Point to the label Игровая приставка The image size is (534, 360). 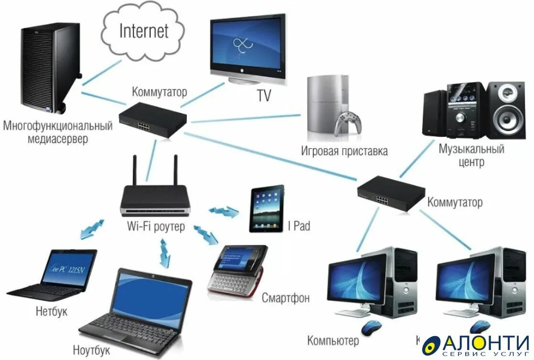(344, 152)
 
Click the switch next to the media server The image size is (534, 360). (152, 119)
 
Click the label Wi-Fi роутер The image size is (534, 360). (155, 226)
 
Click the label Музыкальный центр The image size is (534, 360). (471, 155)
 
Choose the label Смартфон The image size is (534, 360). (285, 298)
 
